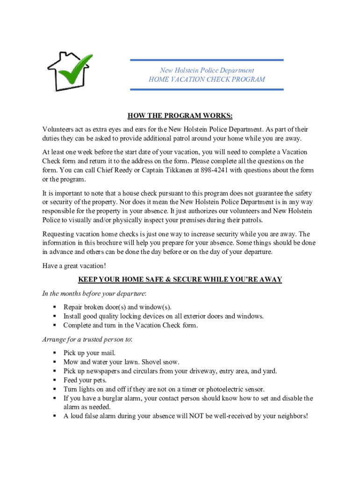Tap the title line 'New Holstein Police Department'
coord(207,70)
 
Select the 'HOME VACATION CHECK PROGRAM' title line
coord(207,80)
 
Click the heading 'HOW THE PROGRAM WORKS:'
coord(180,116)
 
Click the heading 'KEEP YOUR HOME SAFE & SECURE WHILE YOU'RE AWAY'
coord(180,280)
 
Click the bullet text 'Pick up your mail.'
coord(89,353)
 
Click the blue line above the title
coord(207,60)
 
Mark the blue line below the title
coord(207,89)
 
